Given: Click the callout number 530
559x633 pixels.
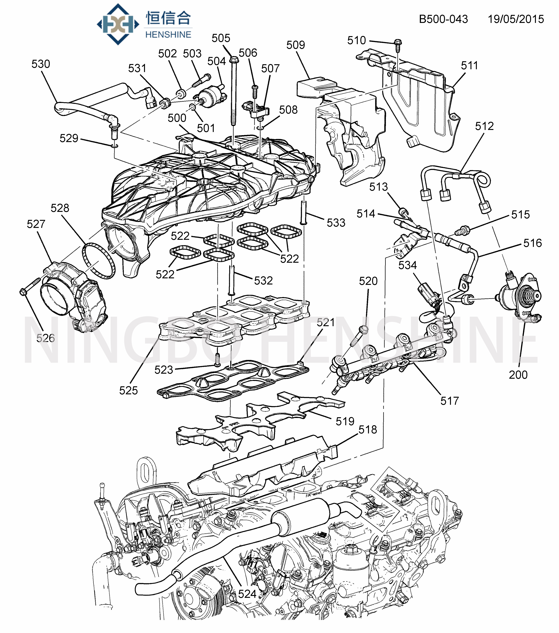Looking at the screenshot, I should (41, 64).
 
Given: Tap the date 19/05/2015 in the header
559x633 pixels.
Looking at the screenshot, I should (516, 19).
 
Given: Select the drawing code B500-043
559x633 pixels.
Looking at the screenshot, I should (443, 19).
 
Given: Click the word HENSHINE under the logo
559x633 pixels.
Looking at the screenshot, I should (168, 35).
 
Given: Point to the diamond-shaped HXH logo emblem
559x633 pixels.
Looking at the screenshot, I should (118, 24).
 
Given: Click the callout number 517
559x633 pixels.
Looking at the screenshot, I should (449, 401).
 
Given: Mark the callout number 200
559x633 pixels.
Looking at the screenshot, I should (518, 375).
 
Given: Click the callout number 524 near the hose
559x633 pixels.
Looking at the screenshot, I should (247, 594).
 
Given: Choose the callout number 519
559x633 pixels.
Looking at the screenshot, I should (345, 421).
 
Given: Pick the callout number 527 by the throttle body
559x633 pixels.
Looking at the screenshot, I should (36, 224).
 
